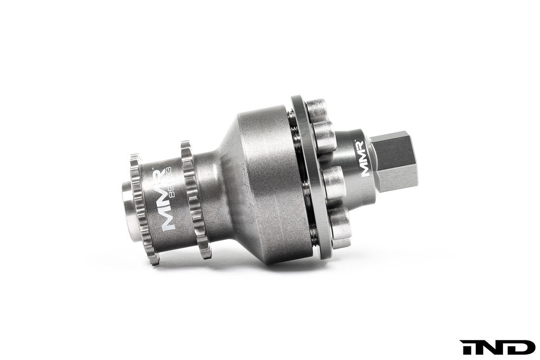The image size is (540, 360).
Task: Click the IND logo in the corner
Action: point(498,347)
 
